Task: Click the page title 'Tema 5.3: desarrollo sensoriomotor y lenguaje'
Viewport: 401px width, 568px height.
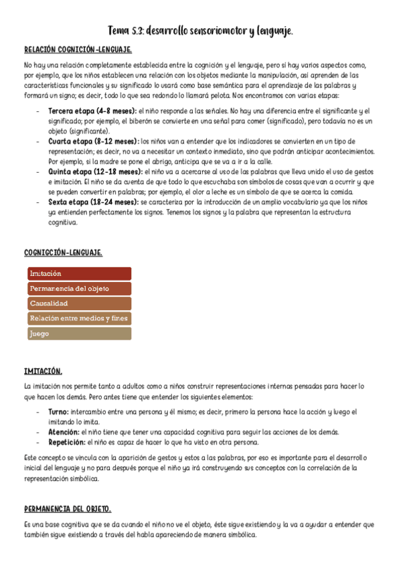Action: pyautogui.click(x=200, y=31)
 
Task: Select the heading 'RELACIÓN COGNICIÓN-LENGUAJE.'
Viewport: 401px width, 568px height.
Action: pyautogui.click(x=78, y=50)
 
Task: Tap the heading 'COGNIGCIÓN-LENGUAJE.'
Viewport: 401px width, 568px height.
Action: pyautogui.click(x=63, y=253)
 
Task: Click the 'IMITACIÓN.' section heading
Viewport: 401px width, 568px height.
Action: pyautogui.click(x=43, y=371)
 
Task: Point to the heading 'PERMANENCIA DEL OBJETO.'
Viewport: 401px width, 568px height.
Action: pyautogui.click(x=67, y=508)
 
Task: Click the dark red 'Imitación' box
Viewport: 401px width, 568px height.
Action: pyautogui.click(x=79, y=273)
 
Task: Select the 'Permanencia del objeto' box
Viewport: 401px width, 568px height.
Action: pyautogui.click(x=79, y=289)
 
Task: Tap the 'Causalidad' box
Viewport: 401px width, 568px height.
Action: pyautogui.click(x=79, y=303)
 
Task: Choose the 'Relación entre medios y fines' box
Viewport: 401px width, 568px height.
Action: pyautogui.click(x=79, y=318)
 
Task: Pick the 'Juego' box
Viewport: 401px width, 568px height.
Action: pyautogui.click(x=79, y=334)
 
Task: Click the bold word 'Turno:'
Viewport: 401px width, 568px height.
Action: pyautogui.click(x=59, y=412)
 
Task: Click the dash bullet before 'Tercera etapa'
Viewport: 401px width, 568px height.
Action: pyautogui.click(x=37, y=111)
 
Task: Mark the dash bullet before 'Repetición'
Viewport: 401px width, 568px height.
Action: pyautogui.click(x=37, y=442)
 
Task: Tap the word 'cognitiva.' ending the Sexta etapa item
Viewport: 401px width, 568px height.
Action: pyautogui.click(x=64, y=223)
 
